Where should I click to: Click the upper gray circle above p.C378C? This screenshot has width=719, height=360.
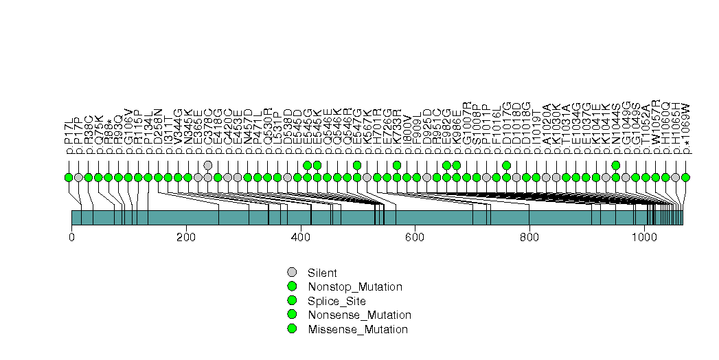click(x=208, y=165)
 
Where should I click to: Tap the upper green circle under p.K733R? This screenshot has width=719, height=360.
click(x=397, y=165)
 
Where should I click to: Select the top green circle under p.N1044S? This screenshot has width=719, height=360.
click(x=616, y=165)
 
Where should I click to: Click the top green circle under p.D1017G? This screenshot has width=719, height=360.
click(x=506, y=165)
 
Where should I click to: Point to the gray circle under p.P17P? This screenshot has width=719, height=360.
click(x=78, y=177)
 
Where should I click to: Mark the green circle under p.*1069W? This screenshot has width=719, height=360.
click(x=685, y=177)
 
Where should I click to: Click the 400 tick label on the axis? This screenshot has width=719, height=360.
click(x=300, y=238)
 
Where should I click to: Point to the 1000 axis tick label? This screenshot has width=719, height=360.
click(x=644, y=238)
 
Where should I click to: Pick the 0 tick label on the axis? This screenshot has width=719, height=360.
click(x=71, y=238)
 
